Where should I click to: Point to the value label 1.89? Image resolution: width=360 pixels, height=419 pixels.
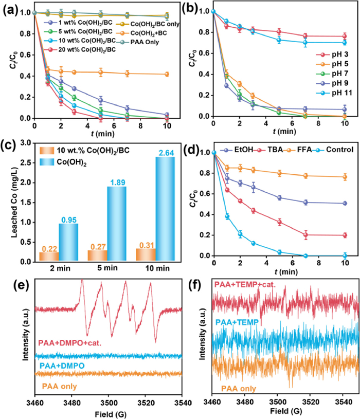[x=116, y=181]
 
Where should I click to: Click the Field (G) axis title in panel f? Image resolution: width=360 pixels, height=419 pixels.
[x=284, y=412]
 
